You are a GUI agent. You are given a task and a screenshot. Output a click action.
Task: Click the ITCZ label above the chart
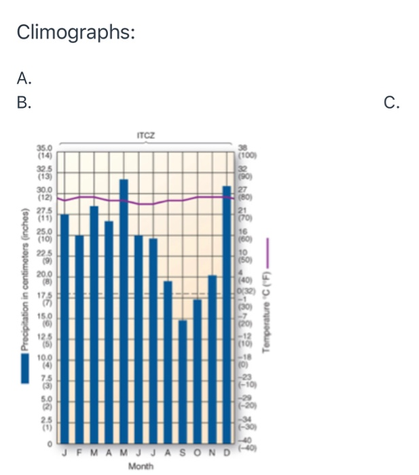pyautogui.click(x=145, y=136)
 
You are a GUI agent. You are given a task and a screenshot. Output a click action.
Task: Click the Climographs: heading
pyautogui.click(x=75, y=32)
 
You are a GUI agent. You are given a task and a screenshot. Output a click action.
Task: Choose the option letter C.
pyautogui.click(x=391, y=102)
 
